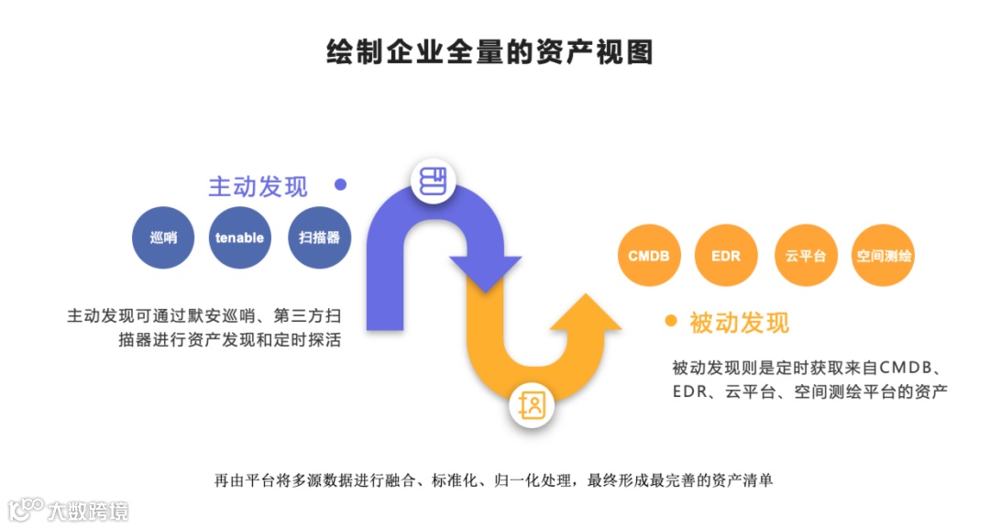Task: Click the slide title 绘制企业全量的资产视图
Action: point(489,51)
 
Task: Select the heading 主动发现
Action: point(258,186)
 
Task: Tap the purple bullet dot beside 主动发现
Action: point(341,184)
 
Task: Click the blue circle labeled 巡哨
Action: point(164,237)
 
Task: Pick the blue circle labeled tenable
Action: point(240,237)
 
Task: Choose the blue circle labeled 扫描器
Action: point(319,237)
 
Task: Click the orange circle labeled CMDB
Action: point(648,255)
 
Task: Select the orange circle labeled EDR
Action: point(726,255)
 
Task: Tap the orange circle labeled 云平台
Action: point(805,255)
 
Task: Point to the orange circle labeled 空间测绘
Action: point(883,255)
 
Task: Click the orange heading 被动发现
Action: point(739,323)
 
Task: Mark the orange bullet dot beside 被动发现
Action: point(671,321)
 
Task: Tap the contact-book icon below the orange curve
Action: point(533,405)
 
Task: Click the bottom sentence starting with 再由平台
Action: point(494,479)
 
